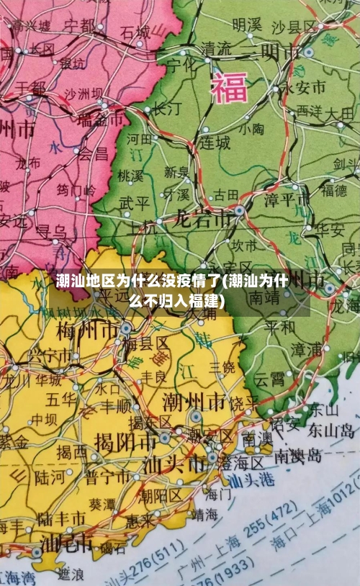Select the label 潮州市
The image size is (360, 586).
coord(193,400)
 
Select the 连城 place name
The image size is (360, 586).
coord(215,143)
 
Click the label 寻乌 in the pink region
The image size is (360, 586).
coord(50,232)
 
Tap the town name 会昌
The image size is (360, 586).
coord(93,153)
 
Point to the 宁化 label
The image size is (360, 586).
coord(181,63)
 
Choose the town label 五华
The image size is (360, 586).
coord(61,398)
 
